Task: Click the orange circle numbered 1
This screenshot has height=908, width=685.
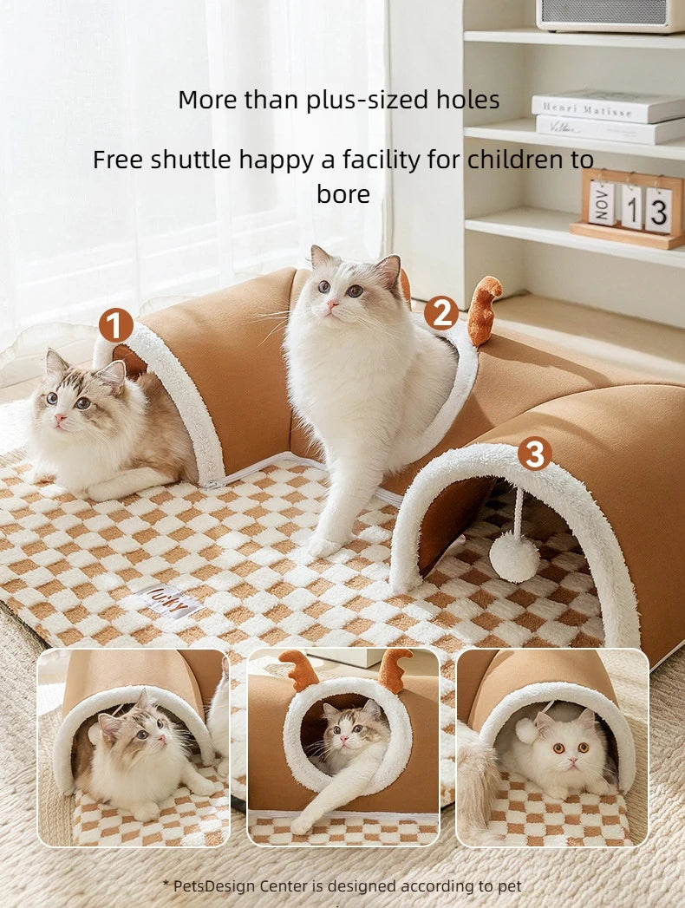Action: (x=115, y=325)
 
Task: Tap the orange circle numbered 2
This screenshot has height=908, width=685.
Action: (x=440, y=312)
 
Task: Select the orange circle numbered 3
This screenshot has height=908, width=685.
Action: (x=534, y=453)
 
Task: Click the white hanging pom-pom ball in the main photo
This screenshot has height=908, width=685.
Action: (x=514, y=556)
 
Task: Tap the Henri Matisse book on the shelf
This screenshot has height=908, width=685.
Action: (x=607, y=106)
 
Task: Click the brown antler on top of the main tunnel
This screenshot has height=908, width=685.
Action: (x=484, y=308)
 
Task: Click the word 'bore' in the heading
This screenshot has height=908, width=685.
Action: (x=342, y=194)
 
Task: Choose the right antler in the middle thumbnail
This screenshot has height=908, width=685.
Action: (x=395, y=668)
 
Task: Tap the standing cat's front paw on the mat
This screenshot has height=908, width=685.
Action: (x=323, y=545)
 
